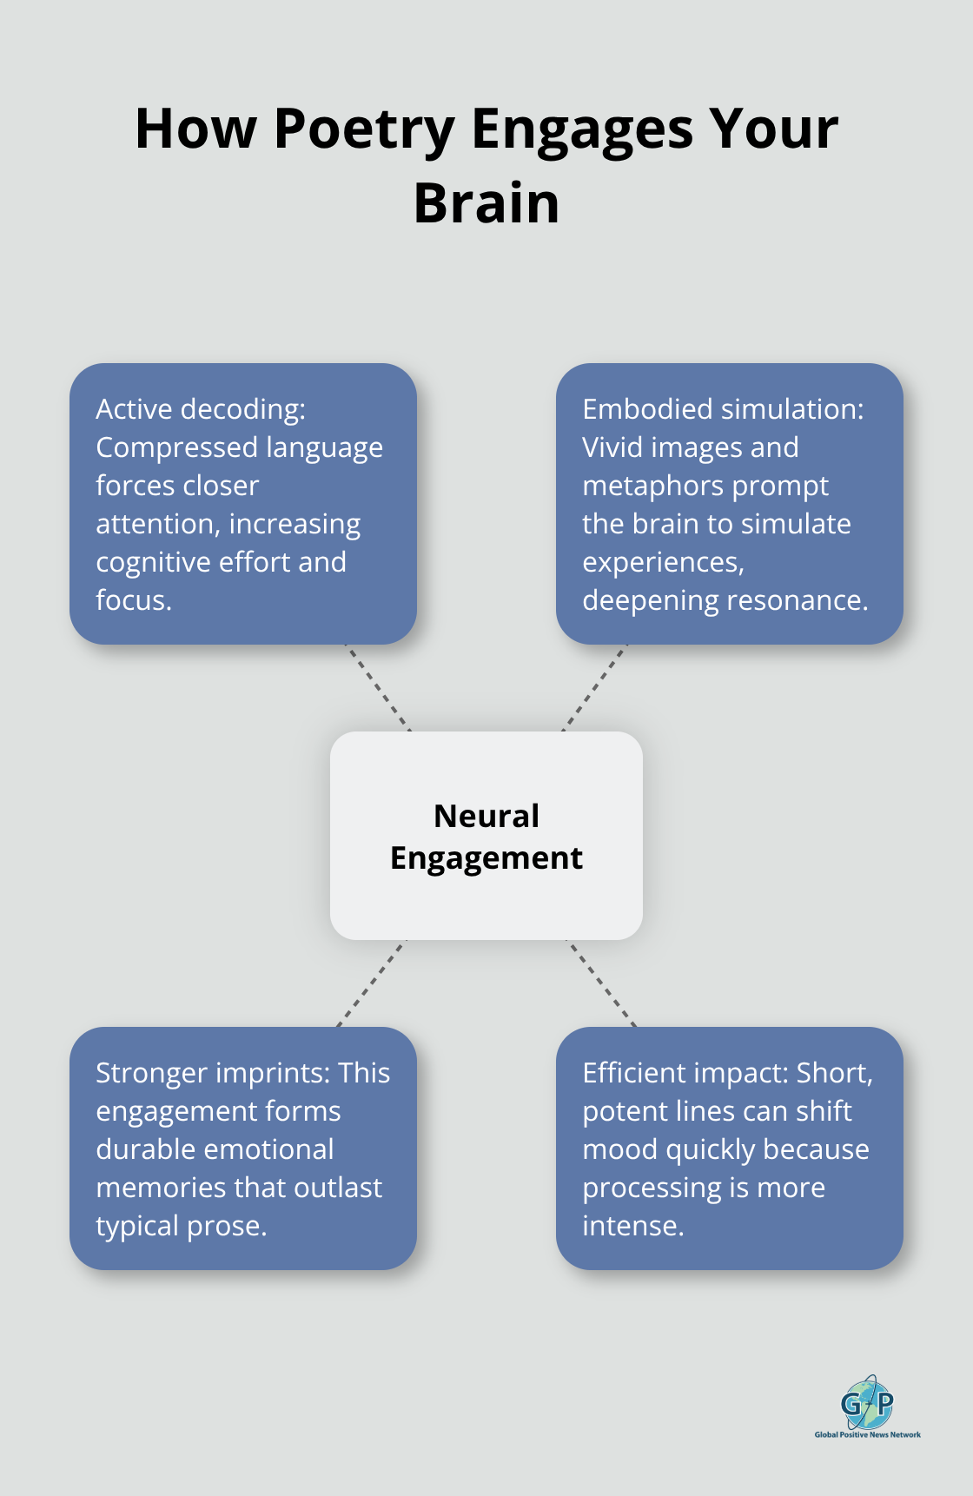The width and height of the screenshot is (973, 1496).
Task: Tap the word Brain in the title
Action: (x=486, y=204)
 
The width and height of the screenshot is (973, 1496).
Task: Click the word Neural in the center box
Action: (x=486, y=816)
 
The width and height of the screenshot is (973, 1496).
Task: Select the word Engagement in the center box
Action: (x=486, y=858)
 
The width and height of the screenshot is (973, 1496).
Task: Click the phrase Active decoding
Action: (x=201, y=409)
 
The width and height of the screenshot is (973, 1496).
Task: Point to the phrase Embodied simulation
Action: (x=723, y=409)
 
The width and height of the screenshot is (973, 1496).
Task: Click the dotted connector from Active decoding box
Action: (x=378, y=687)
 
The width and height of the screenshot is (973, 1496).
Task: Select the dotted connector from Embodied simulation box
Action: (x=595, y=687)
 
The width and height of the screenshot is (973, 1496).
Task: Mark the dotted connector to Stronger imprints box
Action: (x=371, y=983)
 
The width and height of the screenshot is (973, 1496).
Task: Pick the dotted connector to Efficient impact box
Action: (x=601, y=983)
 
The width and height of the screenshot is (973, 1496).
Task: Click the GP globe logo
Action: (x=867, y=1402)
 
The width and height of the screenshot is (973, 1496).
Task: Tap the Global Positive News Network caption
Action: (x=867, y=1434)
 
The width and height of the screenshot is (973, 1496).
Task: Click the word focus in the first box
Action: (x=131, y=600)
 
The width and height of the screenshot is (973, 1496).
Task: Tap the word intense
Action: (x=632, y=1226)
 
